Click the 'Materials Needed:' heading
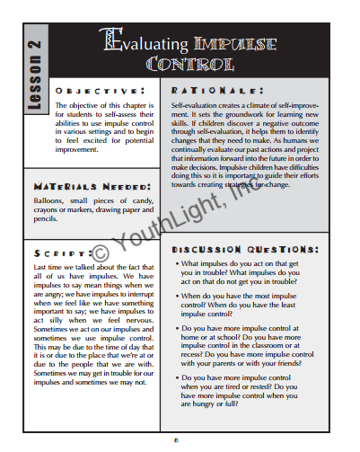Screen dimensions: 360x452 pos(100,188)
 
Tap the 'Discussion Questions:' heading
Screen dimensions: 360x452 pos(244,247)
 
